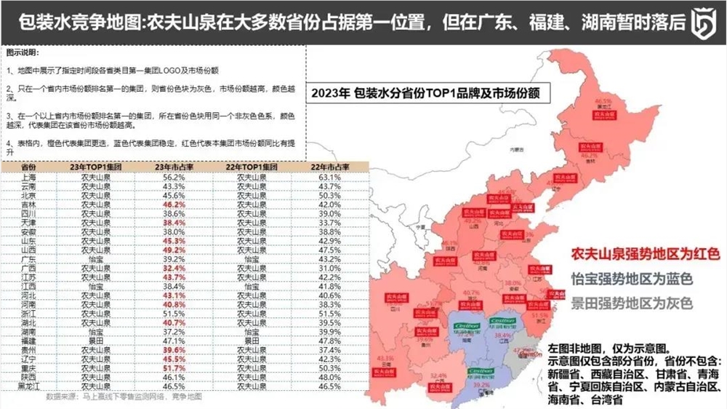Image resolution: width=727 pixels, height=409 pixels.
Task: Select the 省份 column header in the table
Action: click(30, 167)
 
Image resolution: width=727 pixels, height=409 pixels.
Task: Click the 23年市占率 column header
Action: click(172, 167)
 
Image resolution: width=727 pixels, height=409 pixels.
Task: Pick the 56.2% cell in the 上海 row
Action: click(172, 177)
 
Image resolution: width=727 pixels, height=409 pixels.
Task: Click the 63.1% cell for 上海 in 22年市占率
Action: click(331, 177)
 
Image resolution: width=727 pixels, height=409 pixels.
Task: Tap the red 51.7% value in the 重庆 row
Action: click(172, 369)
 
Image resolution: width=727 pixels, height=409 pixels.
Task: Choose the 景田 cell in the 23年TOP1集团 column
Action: click(96, 340)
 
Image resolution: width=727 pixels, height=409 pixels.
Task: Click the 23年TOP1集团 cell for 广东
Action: click(96, 259)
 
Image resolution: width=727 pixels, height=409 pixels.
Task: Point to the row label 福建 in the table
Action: click(30, 340)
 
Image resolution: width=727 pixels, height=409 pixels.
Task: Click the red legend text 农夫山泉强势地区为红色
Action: click(644, 255)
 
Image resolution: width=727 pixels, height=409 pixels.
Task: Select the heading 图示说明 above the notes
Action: click(23, 54)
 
